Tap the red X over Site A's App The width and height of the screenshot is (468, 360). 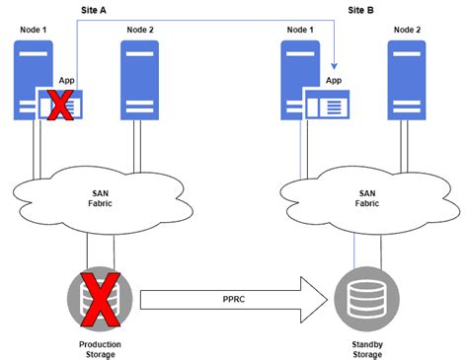point(60,105)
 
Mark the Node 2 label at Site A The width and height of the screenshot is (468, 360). point(142,30)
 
